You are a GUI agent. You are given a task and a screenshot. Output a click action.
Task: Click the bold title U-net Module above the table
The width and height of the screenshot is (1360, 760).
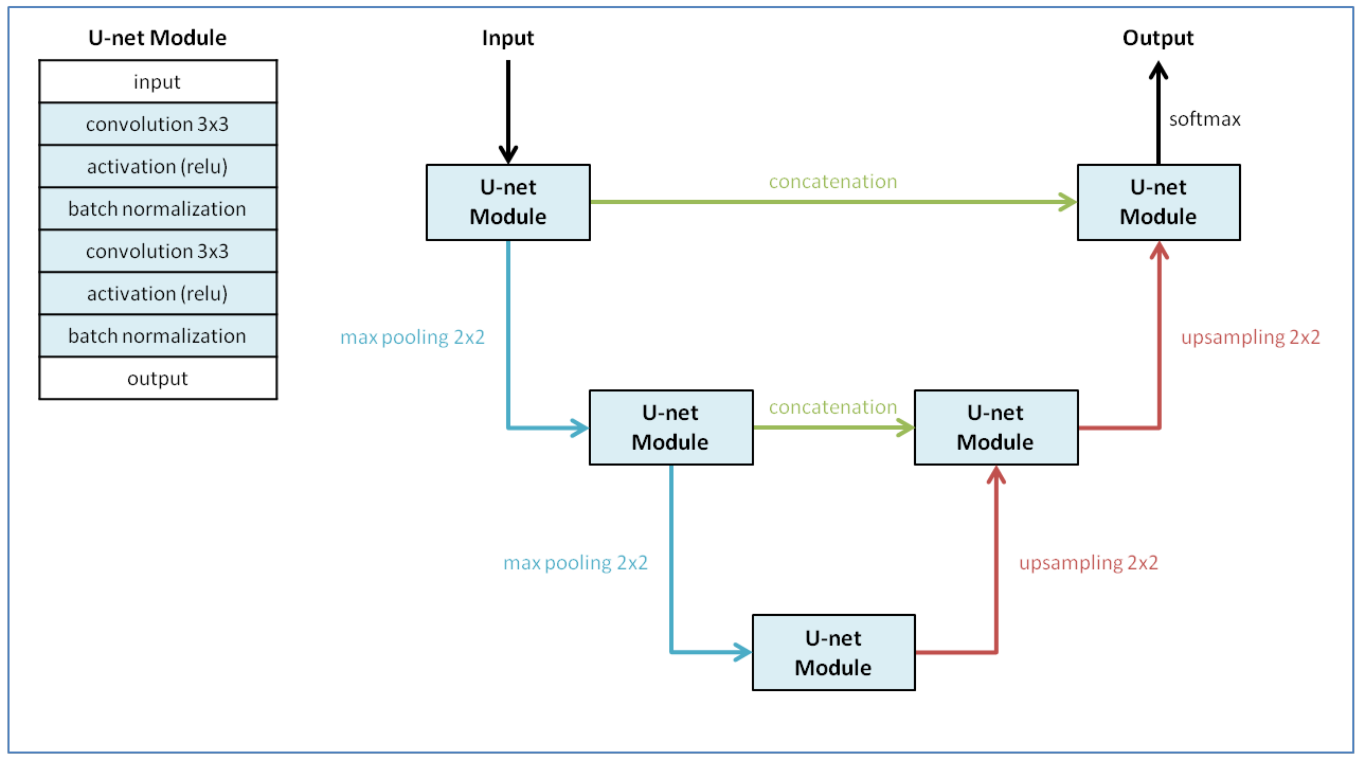(157, 38)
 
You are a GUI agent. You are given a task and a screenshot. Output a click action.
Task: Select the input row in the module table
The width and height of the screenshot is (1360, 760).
(157, 82)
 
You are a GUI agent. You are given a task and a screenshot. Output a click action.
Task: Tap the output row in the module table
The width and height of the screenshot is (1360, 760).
(157, 378)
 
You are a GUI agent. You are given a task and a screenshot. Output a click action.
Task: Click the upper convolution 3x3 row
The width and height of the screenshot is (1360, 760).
(157, 124)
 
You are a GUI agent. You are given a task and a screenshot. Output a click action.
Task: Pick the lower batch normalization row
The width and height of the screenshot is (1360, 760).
(157, 336)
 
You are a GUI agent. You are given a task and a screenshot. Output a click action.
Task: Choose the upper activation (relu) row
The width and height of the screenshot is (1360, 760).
(157, 166)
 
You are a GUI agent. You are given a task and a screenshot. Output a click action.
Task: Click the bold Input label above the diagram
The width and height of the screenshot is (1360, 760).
(508, 38)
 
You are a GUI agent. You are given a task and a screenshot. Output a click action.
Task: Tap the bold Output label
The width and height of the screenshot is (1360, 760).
(1158, 38)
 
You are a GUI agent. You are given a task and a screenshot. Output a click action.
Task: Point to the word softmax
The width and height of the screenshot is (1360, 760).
(1205, 119)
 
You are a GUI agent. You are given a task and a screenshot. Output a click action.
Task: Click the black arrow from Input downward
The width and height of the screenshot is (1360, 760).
(508, 111)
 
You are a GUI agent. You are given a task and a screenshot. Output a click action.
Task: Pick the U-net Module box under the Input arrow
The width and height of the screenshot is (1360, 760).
(508, 202)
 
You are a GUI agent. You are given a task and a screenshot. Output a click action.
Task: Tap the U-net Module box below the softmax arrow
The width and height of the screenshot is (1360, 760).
(1158, 202)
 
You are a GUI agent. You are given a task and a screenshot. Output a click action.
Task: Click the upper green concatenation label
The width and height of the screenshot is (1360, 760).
(833, 182)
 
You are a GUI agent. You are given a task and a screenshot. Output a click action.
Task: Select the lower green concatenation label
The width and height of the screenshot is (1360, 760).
(833, 407)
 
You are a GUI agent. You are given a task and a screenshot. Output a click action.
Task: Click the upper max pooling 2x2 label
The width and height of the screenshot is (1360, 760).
(412, 337)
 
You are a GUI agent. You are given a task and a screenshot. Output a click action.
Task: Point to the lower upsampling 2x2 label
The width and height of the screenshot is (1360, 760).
(1088, 562)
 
